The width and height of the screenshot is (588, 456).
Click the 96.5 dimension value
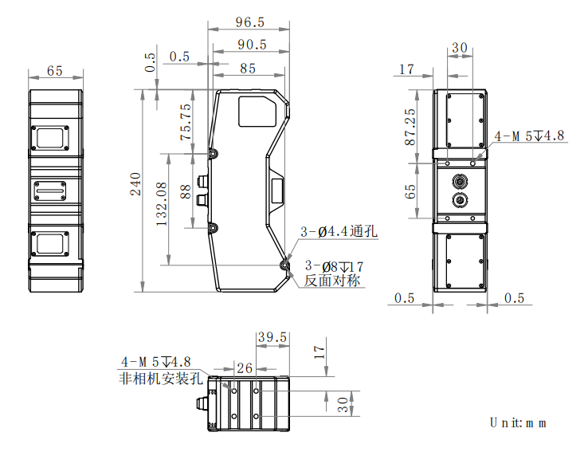click(249, 22)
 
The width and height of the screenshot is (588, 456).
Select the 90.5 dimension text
click(252, 45)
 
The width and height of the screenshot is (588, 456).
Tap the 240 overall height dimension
click(135, 184)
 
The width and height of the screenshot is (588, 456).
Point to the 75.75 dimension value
click(186, 122)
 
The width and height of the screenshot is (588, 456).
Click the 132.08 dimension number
click(162, 204)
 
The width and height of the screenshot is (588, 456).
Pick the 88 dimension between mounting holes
click(186, 191)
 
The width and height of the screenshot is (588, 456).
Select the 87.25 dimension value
click(410, 127)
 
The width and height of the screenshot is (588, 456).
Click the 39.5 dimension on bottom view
click(272, 337)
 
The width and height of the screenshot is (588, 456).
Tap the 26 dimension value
click(245, 368)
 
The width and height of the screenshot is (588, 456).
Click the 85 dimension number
click(248, 69)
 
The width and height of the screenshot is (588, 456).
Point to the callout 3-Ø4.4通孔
click(339, 231)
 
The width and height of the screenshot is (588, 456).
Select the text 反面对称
click(332, 281)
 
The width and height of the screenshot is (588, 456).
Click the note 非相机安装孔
click(161, 378)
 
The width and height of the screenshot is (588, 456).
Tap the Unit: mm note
click(518, 423)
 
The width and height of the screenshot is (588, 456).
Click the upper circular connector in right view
click(460, 182)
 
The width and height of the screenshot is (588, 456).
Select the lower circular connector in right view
click(460, 199)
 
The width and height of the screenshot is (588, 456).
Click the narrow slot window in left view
click(50, 191)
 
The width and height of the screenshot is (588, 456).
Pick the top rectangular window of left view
click(50, 138)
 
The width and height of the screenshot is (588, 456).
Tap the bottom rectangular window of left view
click(50, 244)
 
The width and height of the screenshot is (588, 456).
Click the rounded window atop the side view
click(257, 112)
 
